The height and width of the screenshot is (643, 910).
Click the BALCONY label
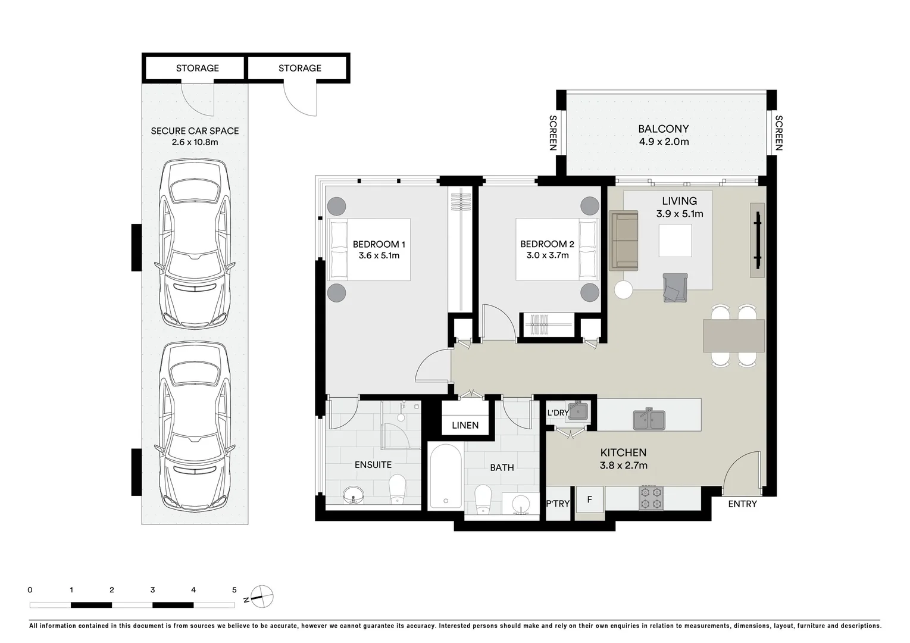pyautogui.click(x=663, y=129)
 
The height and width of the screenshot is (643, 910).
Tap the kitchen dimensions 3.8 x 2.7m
pyautogui.click(x=623, y=466)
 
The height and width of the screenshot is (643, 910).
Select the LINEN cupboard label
pyautogui.click(x=465, y=425)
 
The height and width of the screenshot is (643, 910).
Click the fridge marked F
pyautogui.click(x=589, y=500)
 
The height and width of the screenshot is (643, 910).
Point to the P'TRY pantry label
pyautogui.click(x=558, y=504)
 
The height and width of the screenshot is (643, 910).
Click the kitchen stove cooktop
pyautogui.click(x=651, y=498)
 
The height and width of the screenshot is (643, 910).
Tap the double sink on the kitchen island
pyautogui.click(x=649, y=419)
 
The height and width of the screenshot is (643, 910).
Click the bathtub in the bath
pyautogui.click(x=445, y=476)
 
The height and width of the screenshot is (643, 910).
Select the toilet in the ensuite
pyautogui.click(x=396, y=489)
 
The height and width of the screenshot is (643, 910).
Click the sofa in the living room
pyautogui.click(x=623, y=242)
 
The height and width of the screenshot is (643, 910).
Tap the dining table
pyautogui.click(x=734, y=336)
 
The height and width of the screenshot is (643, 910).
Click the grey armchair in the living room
pyautogui.click(x=675, y=288)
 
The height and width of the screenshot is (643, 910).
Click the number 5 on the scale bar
pyautogui.click(x=234, y=590)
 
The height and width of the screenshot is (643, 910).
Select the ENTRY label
pyautogui.click(x=742, y=504)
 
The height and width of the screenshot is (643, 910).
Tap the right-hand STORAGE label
pyautogui.click(x=299, y=68)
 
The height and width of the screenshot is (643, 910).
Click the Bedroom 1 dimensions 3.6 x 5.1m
pyautogui.click(x=379, y=256)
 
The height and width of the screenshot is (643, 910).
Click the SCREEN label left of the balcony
pyautogui.click(x=552, y=132)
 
